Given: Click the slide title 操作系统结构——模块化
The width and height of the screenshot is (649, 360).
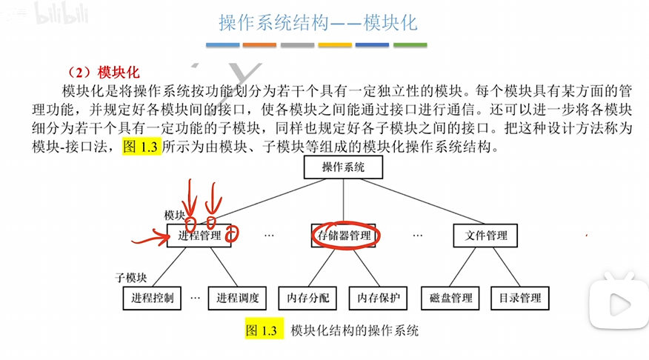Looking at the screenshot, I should (x=318, y=23).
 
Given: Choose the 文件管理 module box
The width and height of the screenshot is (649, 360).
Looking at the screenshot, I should (x=486, y=236).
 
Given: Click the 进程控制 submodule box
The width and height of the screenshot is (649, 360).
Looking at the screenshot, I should (x=153, y=299).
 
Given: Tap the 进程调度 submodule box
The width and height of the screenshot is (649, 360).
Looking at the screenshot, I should (x=237, y=299).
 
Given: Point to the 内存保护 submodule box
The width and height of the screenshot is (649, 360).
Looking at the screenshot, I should (x=378, y=299).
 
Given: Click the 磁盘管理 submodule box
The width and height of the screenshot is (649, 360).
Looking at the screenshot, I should (x=450, y=299).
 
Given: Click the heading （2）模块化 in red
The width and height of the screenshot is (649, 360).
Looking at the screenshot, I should (x=102, y=72).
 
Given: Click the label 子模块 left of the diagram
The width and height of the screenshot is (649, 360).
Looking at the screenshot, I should (x=130, y=278).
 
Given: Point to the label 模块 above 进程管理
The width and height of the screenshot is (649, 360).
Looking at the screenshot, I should (x=175, y=214).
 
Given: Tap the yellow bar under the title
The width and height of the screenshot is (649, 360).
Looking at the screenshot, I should (x=336, y=45).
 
